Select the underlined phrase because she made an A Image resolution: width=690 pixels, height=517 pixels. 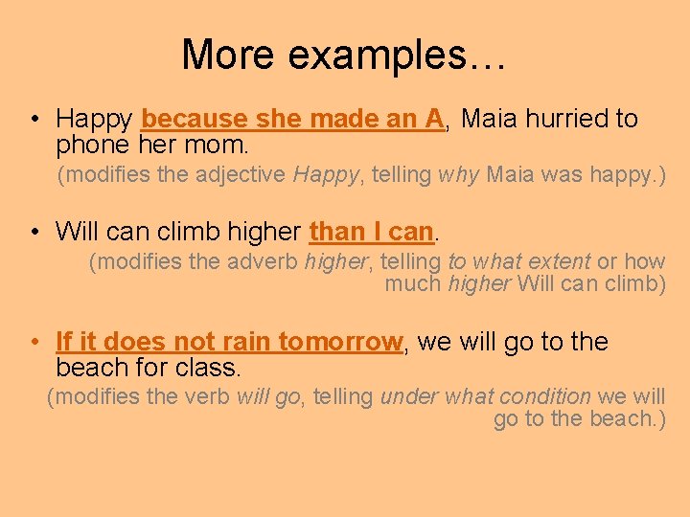(x=292, y=119)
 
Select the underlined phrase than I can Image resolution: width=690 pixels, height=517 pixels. (x=372, y=232)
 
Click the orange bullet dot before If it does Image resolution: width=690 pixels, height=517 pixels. (x=34, y=342)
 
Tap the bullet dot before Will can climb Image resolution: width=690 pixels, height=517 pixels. (x=34, y=232)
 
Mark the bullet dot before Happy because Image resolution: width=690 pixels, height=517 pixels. (x=34, y=120)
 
